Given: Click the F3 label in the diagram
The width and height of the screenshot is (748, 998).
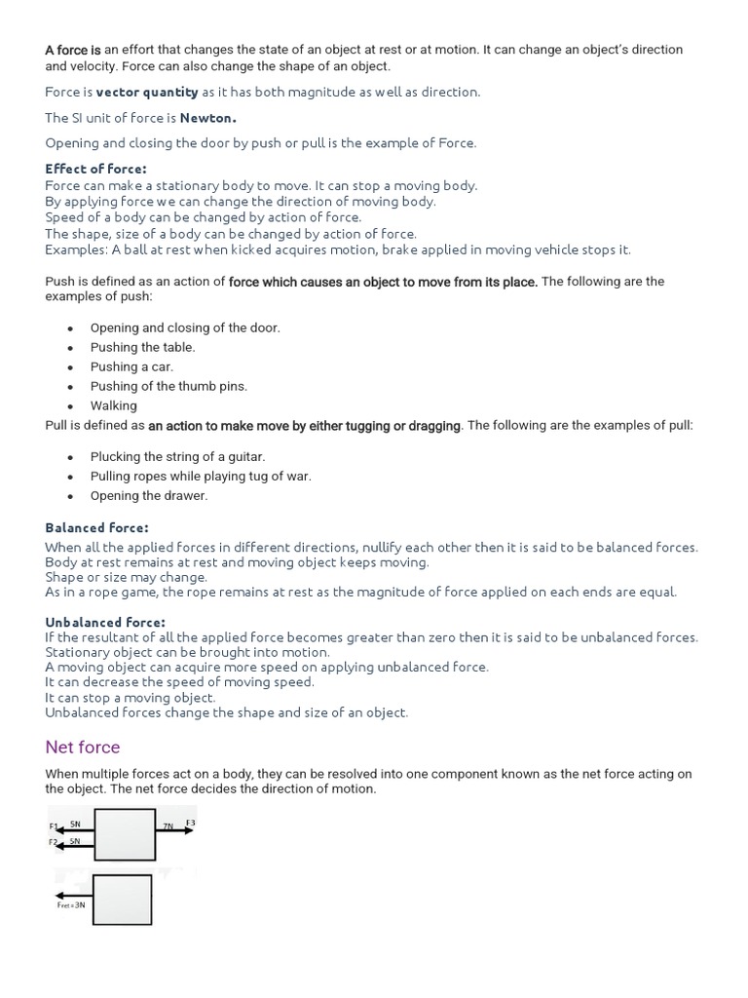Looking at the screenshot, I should click(190, 824).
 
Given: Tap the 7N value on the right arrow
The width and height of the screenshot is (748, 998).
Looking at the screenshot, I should click(168, 826).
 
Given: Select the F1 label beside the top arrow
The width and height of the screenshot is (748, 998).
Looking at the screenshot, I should click(54, 826).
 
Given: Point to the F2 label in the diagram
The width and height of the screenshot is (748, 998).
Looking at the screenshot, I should click(54, 841).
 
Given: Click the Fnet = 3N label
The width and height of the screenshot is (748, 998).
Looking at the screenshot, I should click(71, 905).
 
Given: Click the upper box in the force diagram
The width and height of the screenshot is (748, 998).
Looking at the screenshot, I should click(124, 835).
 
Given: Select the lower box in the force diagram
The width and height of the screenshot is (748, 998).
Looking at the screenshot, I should click(122, 899).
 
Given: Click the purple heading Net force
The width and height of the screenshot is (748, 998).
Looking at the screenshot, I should click(83, 748).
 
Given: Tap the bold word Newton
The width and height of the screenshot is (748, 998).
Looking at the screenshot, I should click(208, 118).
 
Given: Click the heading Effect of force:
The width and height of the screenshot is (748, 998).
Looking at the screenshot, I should click(95, 169).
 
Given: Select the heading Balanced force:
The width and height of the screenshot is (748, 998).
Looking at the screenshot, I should click(96, 528).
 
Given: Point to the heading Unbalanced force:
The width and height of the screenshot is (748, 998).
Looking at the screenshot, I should click(105, 622).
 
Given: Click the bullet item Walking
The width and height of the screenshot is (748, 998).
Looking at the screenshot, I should click(114, 405).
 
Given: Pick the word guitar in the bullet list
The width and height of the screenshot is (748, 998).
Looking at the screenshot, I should click(244, 456).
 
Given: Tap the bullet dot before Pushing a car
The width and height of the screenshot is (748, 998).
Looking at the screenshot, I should click(70, 367).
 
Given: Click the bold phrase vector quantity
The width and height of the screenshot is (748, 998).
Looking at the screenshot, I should click(147, 92).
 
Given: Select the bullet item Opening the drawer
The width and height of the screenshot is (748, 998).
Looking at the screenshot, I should click(149, 495).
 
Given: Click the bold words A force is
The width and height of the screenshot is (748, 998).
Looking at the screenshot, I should click(73, 50).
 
